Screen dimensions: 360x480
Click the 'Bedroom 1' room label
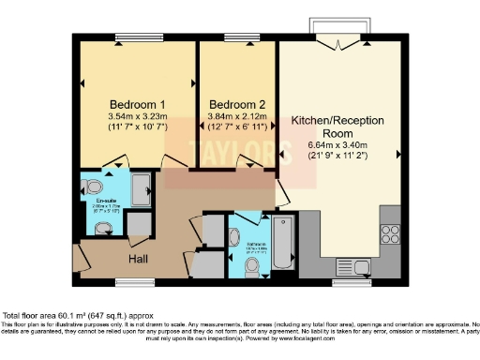tap(138, 103)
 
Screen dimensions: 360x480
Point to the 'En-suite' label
tap(105, 200)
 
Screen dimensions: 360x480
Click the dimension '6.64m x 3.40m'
tap(335, 146)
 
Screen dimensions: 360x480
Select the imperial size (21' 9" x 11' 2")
tap(335, 157)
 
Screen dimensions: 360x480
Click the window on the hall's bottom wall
tap(135, 280)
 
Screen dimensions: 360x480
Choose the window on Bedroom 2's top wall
tap(234, 38)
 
